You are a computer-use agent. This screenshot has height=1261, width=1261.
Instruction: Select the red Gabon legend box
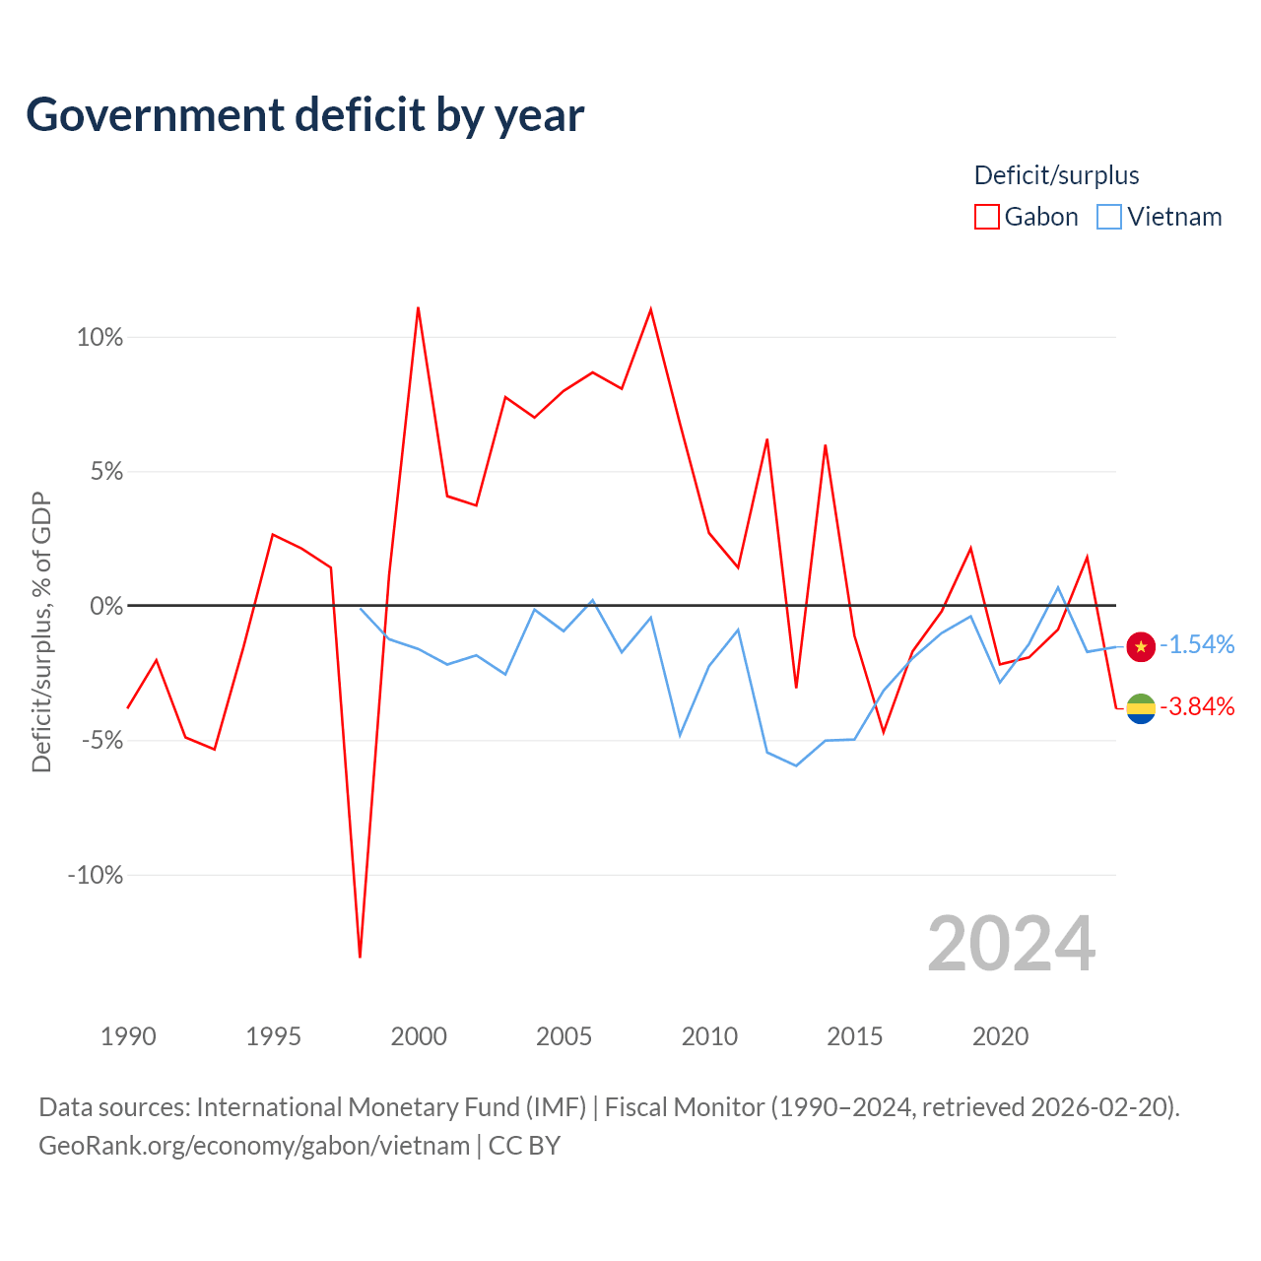(x=986, y=217)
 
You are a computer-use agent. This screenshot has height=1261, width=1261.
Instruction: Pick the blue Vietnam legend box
(x=1108, y=217)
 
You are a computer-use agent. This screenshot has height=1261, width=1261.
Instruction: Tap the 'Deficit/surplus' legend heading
(x=1056, y=175)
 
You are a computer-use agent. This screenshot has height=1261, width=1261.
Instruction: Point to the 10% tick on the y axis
(x=100, y=338)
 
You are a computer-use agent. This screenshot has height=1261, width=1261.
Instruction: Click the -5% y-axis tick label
(x=102, y=740)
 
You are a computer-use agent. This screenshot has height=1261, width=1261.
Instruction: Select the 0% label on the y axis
(x=106, y=606)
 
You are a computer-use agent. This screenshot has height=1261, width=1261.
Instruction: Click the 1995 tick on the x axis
(x=273, y=1036)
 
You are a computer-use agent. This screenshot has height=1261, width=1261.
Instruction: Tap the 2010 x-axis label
(x=709, y=1036)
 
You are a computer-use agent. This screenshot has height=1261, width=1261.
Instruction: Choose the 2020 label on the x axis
(x=1000, y=1036)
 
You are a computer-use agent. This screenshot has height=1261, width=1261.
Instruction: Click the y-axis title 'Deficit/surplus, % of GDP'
(x=41, y=632)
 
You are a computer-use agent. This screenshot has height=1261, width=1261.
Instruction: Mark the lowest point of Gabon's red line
(x=360, y=957)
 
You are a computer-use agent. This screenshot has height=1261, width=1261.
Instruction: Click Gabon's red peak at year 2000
(x=418, y=307)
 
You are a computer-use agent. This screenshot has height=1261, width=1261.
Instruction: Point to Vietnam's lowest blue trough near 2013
(x=796, y=765)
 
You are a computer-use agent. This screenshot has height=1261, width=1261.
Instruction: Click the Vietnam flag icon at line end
(x=1141, y=647)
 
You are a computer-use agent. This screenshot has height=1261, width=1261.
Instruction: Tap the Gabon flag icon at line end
(x=1141, y=708)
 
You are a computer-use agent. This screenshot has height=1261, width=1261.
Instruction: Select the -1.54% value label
(x=1197, y=644)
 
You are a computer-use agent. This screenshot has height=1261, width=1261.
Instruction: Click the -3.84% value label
(x=1197, y=706)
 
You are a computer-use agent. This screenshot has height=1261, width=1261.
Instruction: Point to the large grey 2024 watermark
(x=1011, y=944)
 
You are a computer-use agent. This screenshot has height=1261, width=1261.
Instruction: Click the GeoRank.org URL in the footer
(x=254, y=1145)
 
